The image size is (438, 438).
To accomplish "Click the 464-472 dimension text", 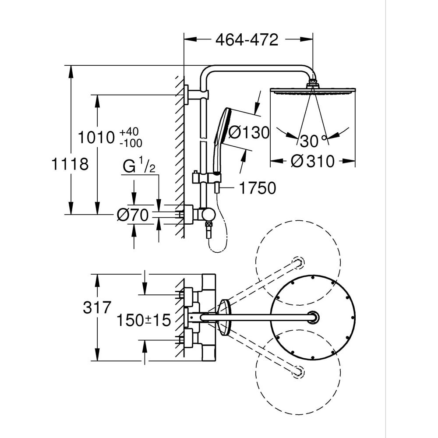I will point(247,40).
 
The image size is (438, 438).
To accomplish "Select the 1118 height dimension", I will point(70,165).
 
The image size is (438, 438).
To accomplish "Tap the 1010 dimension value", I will point(96,138).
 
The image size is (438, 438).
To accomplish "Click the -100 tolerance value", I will point(130,143).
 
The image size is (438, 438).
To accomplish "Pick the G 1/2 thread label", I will point(139,167).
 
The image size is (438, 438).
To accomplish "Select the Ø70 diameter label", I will point(133,215).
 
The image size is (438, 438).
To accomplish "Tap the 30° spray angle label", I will point(313,141).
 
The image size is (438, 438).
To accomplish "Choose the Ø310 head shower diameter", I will point(312,161).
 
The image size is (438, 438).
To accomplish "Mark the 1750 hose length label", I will point(257,188).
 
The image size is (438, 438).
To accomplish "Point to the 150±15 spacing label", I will point(143,320).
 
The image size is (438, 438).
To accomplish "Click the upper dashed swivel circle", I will point(298,263).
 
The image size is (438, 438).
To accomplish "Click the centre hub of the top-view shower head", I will point(313,317).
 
